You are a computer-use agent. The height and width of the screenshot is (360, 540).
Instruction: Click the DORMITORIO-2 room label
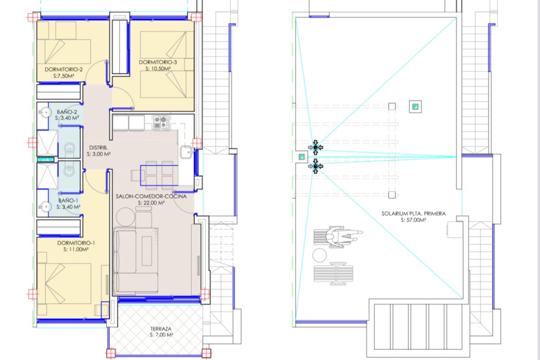click(x=64, y=69)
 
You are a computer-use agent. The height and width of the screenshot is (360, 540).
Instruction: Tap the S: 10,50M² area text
click(x=158, y=69)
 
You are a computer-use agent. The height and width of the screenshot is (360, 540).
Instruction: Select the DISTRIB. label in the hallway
click(x=98, y=148)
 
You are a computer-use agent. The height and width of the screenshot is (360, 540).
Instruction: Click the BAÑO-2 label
click(x=67, y=112)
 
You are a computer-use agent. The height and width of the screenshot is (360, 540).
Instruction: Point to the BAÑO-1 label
click(x=68, y=201)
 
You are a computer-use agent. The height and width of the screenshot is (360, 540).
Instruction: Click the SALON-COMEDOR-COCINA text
click(x=151, y=196)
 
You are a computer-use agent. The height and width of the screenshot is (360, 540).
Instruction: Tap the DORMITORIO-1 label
click(x=76, y=243)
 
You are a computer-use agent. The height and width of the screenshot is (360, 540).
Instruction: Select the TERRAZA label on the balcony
click(x=161, y=329)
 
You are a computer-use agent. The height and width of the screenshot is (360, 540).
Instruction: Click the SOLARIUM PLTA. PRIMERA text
click(x=413, y=214)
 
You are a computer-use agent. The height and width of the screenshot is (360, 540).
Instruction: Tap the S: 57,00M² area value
click(x=413, y=220)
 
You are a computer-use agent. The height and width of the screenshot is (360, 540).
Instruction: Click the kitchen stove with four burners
click(x=161, y=122)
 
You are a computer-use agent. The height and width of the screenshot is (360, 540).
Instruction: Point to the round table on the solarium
click(x=319, y=255)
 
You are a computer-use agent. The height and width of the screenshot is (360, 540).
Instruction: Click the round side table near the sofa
click(x=125, y=217)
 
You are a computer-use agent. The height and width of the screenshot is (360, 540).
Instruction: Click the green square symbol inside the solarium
click(x=415, y=107)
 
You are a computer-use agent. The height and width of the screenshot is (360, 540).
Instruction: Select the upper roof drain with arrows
click(x=315, y=147)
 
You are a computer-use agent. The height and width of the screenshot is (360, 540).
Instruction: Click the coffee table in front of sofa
click(x=147, y=251)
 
